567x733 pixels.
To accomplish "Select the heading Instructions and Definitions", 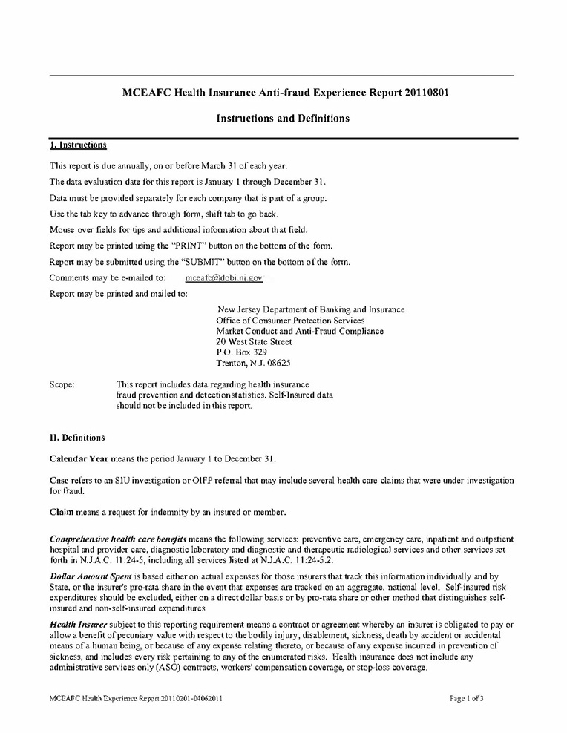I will pos(282,118).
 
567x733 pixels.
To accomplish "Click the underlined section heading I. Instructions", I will pos(78,145).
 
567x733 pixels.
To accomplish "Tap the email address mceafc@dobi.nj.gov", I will pos(223,277).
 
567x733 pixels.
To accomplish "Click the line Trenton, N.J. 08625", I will pos(253,364).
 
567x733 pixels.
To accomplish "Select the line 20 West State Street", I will pos(254,342).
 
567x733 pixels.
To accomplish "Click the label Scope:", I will pos(62,384).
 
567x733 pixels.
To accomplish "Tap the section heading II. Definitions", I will pos(77,438).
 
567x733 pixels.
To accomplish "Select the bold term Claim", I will pos(61,512).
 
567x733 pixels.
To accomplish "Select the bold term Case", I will pos(59,480).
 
